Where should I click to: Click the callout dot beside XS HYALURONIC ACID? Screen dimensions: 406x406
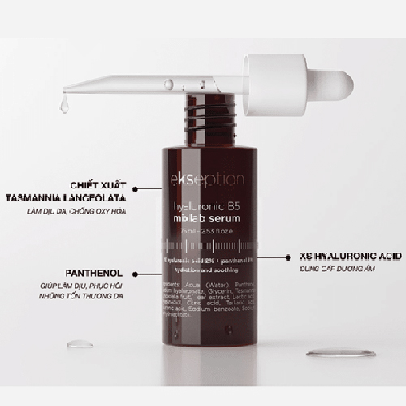(286, 255)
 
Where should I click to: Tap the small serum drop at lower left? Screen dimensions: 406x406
(80, 344)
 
